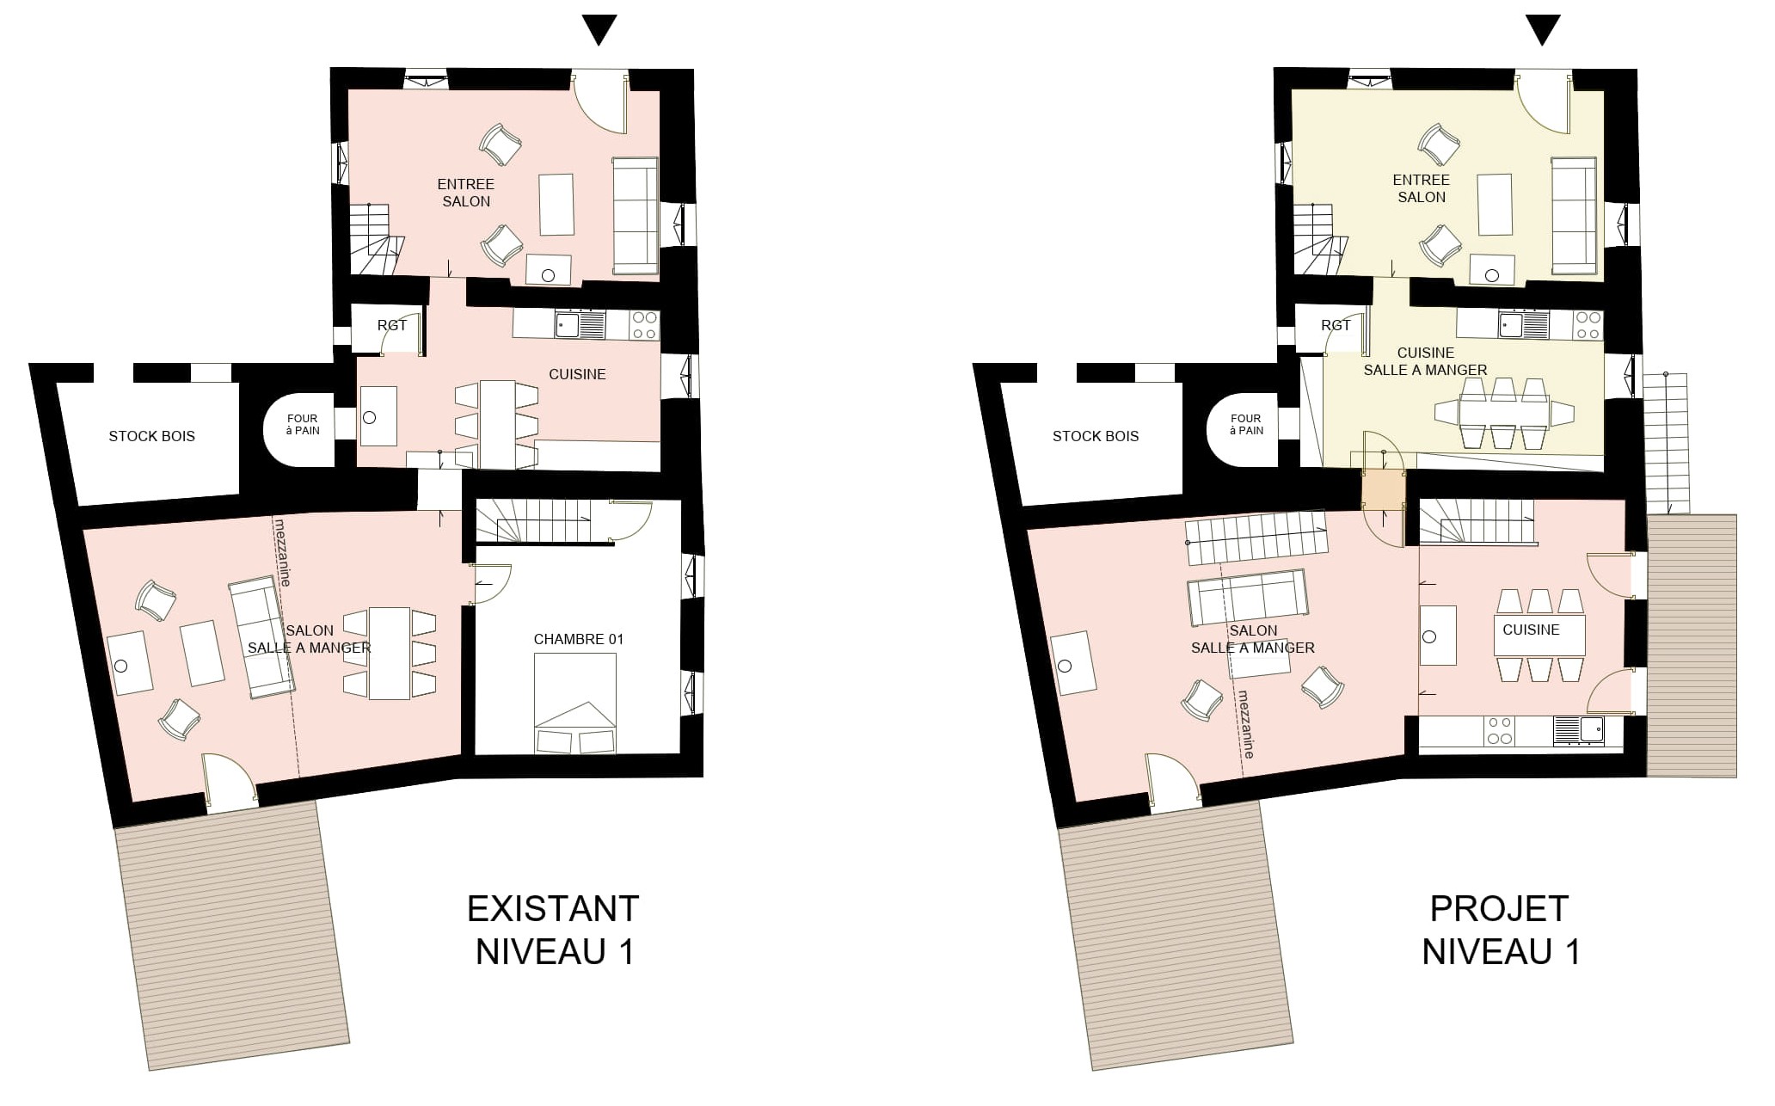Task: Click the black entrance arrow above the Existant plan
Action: [x=599, y=29]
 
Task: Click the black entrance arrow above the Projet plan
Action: [x=1543, y=29]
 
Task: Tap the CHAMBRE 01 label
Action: [x=578, y=639]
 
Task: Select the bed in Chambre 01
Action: [x=575, y=703]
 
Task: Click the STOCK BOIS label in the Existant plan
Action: [x=151, y=436]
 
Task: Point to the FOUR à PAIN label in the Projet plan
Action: [x=1246, y=425]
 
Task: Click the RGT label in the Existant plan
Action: [x=392, y=325]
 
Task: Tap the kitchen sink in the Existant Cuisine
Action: [x=580, y=325]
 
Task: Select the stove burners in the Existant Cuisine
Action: [x=645, y=325]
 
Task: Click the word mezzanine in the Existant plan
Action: [x=282, y=552]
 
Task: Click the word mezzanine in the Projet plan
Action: [x=1245, y=724]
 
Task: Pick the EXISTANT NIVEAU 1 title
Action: [x=554, y=930]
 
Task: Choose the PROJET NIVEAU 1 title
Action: [x=1500, y=930]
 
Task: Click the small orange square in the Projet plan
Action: [x=1382, y=492]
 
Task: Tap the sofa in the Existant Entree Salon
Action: [x=635, y=216]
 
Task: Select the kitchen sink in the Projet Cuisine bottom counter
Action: [x=1578, y=730]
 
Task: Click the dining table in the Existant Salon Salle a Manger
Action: [x=390, y=654]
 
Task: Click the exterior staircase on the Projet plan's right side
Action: [x=1666, y=443]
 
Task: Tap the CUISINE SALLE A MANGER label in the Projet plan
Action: [x=1425, y=361]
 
